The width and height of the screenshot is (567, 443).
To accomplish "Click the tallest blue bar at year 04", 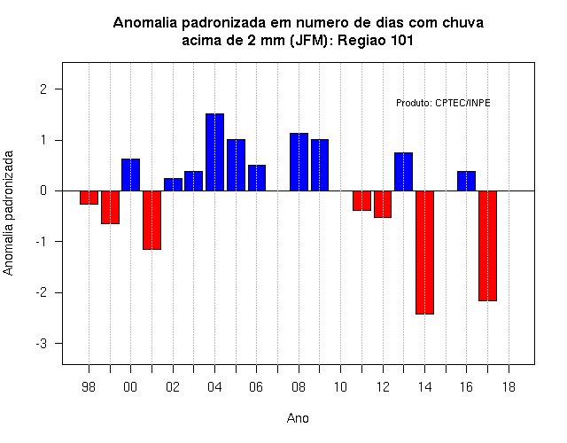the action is pos(214,152).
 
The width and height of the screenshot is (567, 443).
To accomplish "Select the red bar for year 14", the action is pos(424,253).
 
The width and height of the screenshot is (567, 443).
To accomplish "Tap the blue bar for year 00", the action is pos(130,175).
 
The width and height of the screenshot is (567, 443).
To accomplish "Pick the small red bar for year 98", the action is pos(89,198).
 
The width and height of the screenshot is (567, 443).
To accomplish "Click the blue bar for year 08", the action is pos(299,162).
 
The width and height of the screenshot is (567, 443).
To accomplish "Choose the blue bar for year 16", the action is pos(467,181).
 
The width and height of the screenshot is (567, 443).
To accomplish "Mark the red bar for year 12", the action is pos(383,204).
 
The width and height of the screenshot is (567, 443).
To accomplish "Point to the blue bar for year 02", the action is pos(173,184).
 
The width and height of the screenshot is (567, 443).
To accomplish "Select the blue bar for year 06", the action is pos(257,178).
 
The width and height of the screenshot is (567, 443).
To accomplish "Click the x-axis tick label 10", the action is pos(340,387).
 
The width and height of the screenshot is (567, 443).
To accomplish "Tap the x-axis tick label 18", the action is pos(509,387).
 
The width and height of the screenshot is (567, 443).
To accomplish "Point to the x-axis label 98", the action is pos(89,387).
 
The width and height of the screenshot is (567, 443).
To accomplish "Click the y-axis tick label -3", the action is pos(42,344).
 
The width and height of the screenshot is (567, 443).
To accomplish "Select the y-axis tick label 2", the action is pos(43,89).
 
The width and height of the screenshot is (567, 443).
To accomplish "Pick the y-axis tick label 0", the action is pos(43,190).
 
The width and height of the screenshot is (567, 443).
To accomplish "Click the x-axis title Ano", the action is pos(298,418).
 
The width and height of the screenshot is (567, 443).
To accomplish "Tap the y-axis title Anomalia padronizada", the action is pos(8,213).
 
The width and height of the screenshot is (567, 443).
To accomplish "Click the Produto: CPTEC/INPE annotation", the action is pos(443,103).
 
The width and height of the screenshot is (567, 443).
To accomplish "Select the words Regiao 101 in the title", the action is pos(376,40).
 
